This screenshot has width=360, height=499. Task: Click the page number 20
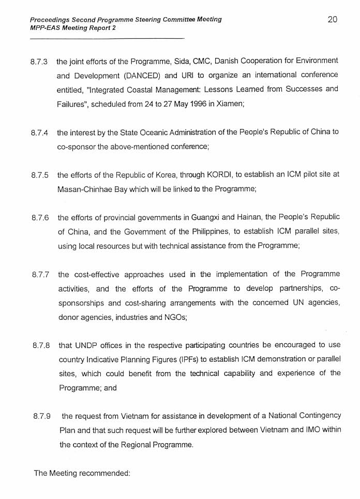point(333,20)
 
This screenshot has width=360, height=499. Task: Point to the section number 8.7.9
point(42,416)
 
